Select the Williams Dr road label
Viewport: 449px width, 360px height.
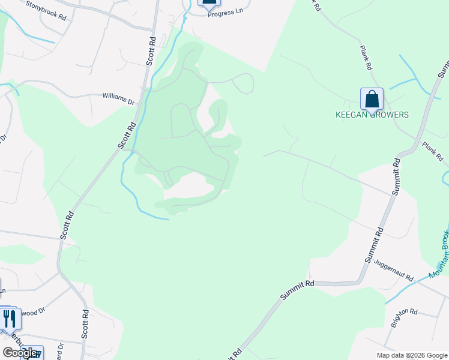coord(118,98)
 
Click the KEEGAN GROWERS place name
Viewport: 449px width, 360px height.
coord(372,115)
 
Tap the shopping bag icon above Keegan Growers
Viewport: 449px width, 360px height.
coord(372,99)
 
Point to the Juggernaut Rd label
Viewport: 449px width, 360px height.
coord(393,269)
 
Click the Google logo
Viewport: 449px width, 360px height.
coord(20,353)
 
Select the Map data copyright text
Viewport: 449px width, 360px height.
coord(412,355)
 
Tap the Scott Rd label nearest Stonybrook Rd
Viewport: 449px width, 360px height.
coord(151,51)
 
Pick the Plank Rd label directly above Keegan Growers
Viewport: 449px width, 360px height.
coord(366,58)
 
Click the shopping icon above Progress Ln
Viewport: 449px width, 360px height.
coord(209,2)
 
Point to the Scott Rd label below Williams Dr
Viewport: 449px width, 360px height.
coord(127,135)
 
